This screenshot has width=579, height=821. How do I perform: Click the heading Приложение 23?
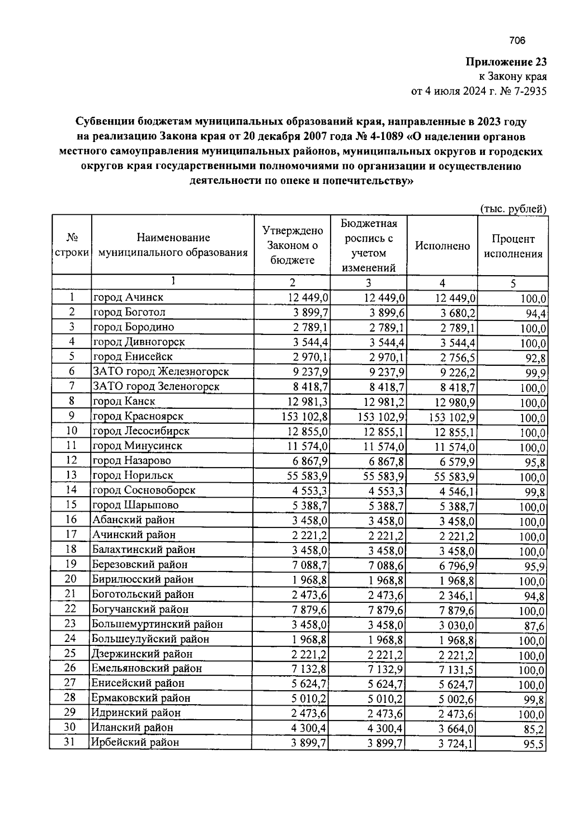506,62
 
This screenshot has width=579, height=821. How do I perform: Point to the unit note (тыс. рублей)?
513,209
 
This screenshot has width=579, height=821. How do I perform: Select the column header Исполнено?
442,246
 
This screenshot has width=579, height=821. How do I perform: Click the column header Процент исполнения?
513,247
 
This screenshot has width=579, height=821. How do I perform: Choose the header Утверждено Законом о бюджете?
292,245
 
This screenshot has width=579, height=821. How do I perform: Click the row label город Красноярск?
138,416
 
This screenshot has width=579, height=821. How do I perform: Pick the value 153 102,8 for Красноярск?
305,417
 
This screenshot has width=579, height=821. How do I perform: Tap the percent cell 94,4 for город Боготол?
536,314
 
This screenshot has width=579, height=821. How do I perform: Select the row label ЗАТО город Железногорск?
161,372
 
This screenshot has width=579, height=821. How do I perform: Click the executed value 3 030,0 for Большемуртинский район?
456,626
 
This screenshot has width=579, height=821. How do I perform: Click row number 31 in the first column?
70,742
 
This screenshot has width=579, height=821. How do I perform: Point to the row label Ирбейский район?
136,742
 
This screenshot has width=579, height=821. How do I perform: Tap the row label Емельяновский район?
147,668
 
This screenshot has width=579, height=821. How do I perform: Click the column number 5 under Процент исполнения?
513,283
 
